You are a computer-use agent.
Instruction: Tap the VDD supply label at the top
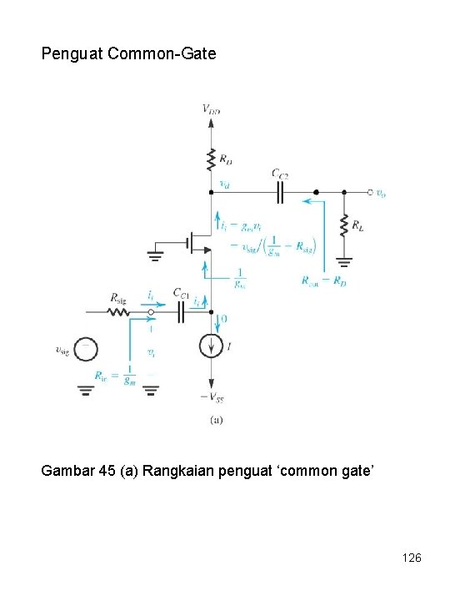212,109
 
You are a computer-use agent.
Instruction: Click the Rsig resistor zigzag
117,313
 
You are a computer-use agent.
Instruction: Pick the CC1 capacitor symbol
182,313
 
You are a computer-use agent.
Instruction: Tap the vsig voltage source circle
86,351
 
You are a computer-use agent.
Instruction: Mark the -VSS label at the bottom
212,397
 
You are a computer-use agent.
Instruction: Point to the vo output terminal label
381,194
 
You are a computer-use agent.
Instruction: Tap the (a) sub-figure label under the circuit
215,421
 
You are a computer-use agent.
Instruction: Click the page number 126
411,556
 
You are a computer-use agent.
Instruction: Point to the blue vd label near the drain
223,184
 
